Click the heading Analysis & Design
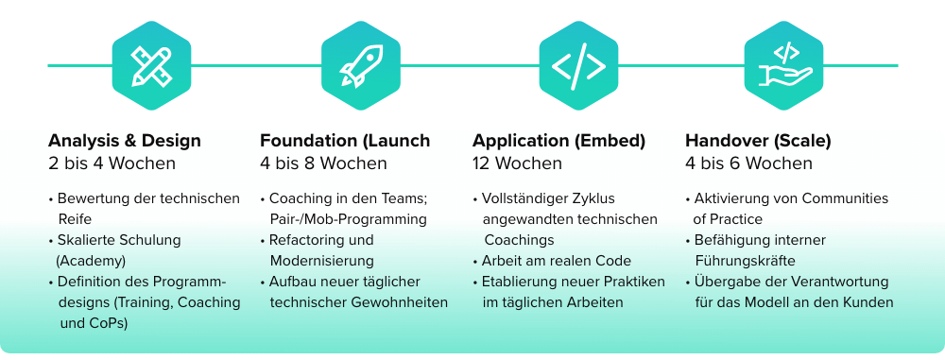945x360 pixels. (124, 141)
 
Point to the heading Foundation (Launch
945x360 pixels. (345, 141)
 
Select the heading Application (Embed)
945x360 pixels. (558, 141)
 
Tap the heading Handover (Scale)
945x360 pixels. (758, 141)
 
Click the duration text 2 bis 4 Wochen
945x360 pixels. (112, 163)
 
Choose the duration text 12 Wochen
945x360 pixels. (519, 163)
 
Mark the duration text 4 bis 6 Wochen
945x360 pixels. (747, 163)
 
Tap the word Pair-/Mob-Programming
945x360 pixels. (348, 219)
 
